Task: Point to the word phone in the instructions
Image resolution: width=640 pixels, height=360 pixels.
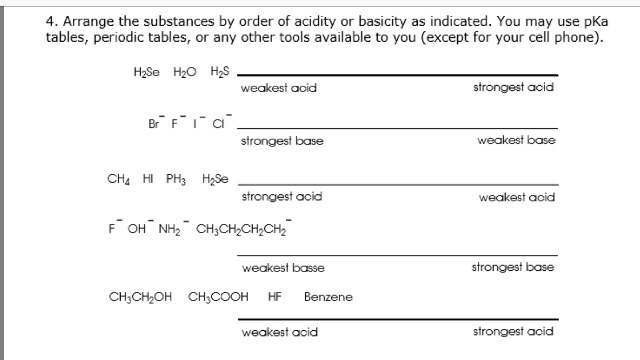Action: click(581, 38)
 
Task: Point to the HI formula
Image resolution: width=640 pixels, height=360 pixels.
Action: click(149, 181)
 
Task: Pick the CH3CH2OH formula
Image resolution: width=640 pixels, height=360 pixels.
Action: click(141, 297)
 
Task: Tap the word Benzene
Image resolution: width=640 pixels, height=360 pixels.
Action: click(328, 297)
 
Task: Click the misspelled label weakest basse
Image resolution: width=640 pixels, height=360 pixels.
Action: click(283, 268)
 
